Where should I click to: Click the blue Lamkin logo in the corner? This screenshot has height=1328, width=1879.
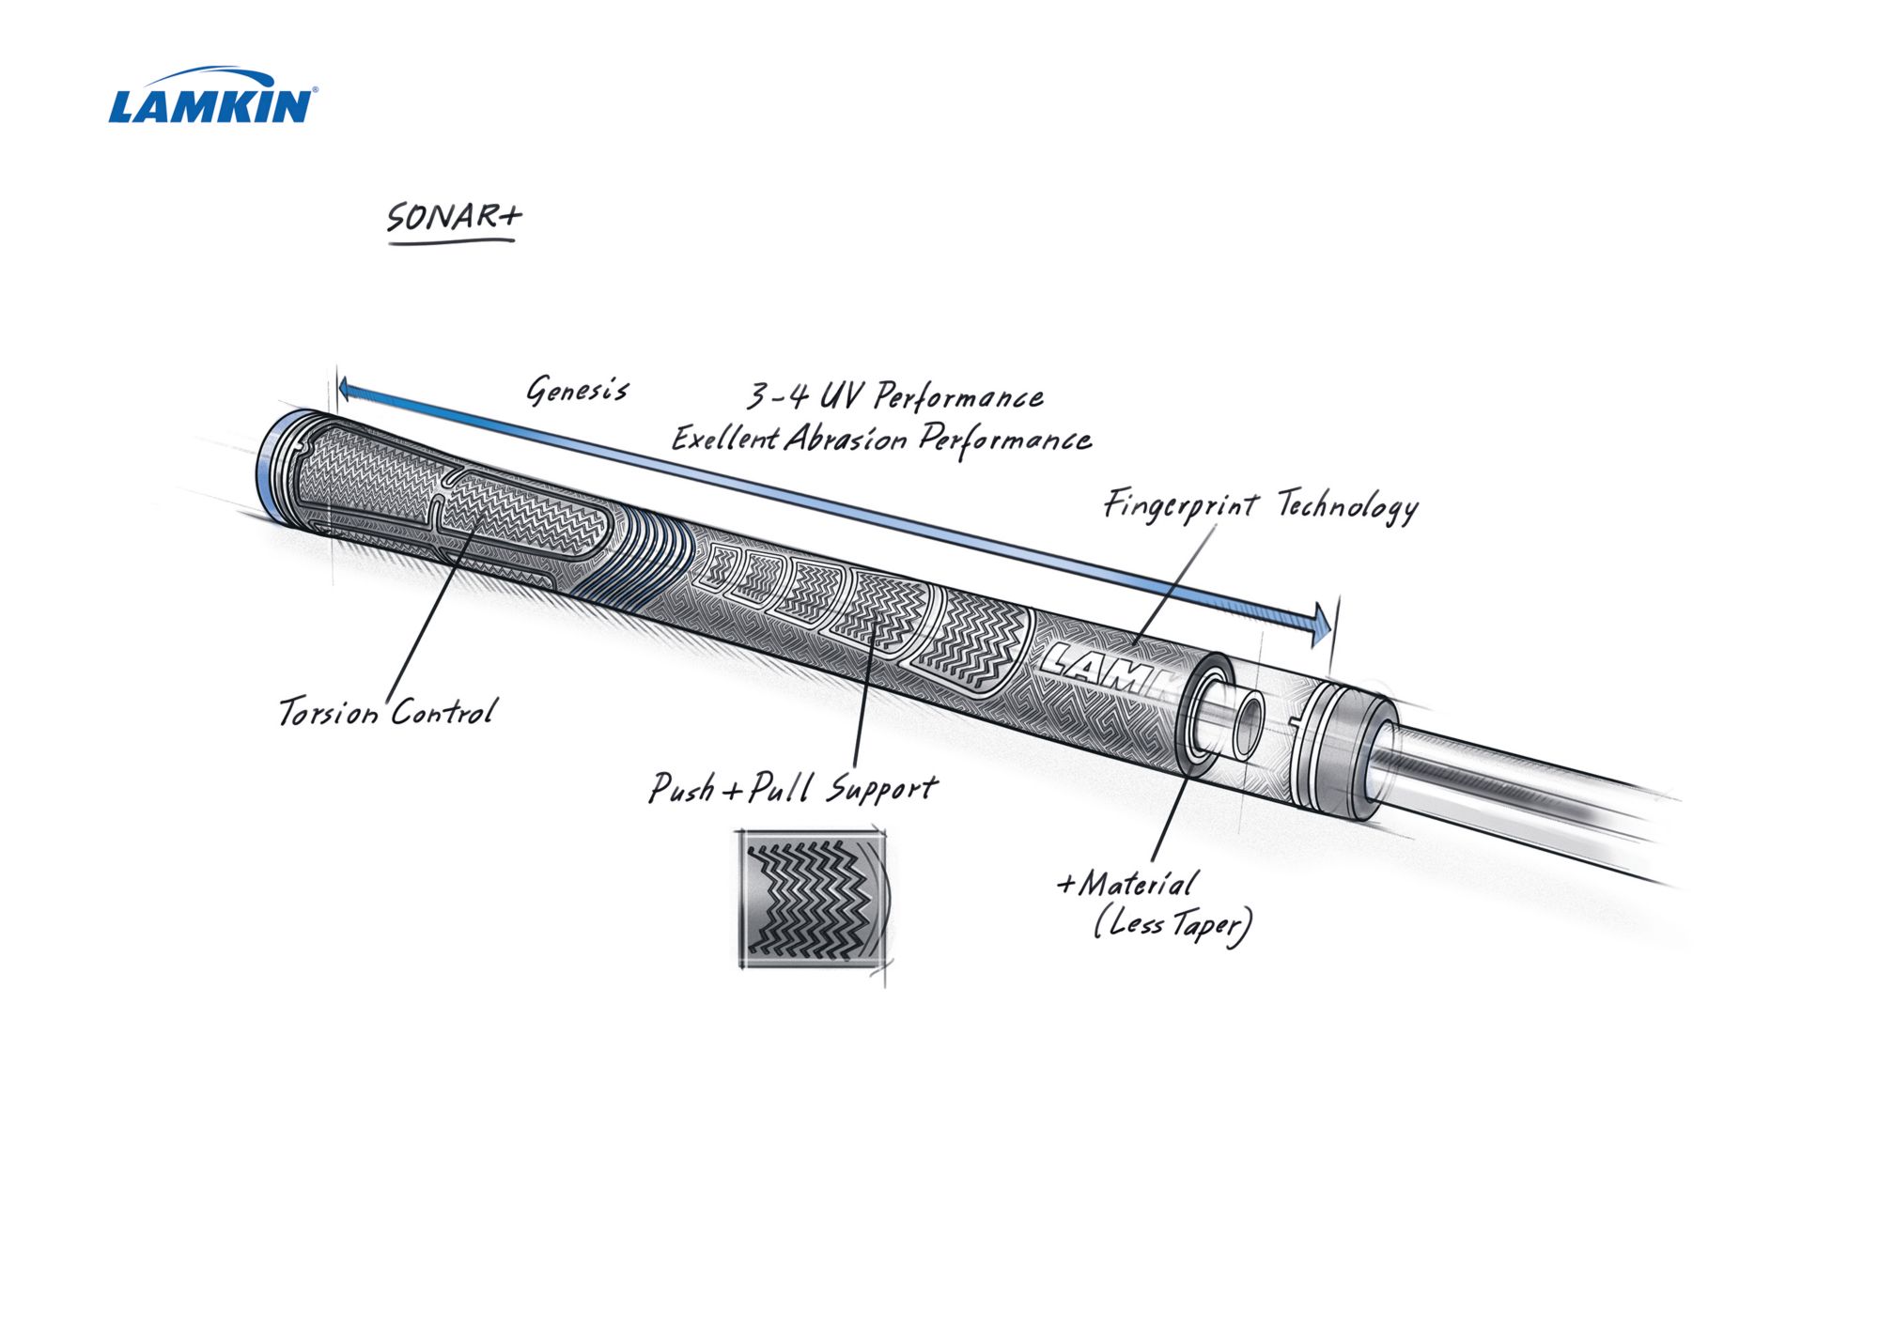pos(212,98)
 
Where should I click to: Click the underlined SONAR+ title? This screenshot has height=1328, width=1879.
pos(453,218)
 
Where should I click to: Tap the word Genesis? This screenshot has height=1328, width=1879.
pos(577,390)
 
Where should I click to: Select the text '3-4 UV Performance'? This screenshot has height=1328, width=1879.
pos(894,397)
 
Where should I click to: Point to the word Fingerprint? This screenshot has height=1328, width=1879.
pos(1180,505)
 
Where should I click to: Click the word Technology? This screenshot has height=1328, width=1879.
pos(1347,507)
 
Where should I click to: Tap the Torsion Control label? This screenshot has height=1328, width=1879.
pos(386,712)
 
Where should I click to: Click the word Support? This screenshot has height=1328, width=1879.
pos(881,789)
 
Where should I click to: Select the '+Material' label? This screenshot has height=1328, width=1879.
pos(1126,884)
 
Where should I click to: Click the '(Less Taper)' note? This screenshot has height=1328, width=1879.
pos(1172,925)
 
